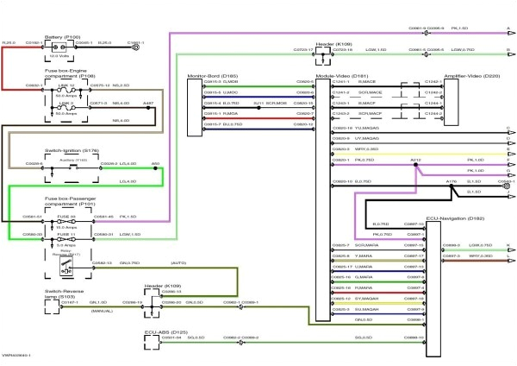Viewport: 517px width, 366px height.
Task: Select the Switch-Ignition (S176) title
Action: pos(34,148)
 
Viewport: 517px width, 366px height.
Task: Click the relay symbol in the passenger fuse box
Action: pos(65,267)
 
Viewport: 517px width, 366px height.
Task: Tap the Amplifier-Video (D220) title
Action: pos(479,76)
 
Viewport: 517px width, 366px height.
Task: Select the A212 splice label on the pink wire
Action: pos(415,160)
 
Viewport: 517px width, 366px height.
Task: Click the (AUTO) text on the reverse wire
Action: pos(179,262)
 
